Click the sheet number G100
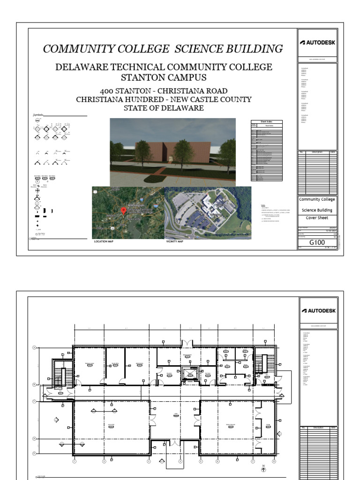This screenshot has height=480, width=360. (x=317, y=243)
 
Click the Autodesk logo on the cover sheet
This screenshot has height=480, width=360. (x=318, y=43)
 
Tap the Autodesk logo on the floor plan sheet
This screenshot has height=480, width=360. (x=318, y=310)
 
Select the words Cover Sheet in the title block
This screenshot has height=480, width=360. (x=317, y=218)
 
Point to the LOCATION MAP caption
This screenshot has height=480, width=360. (x=104, y=241)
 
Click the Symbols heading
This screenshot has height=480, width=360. (x=38, y=115)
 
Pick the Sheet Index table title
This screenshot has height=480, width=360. (x=267, y=121)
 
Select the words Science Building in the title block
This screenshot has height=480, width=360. (x=317, y=210)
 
